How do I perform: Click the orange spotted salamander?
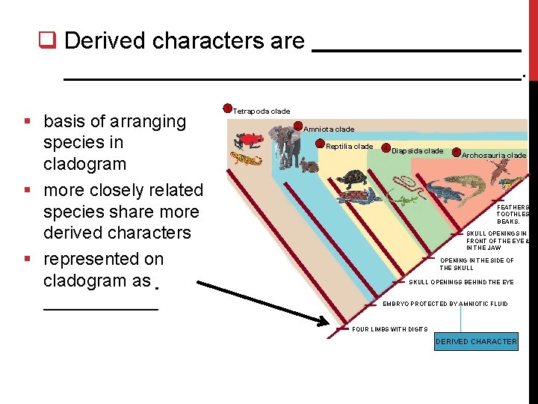coord(244,159)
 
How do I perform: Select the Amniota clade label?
coord(329,129)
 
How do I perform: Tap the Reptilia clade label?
coord(349,147)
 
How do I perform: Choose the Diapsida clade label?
coord(418,151)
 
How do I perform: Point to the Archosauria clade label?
coord(493,156)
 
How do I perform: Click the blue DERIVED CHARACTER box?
coord(476,342)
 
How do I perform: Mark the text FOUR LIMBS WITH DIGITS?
coord(389,329)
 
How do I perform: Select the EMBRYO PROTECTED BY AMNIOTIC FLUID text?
coord(445,304)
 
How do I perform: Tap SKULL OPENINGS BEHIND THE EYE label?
coord(461,282)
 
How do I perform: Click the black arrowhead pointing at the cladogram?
coord(322,321)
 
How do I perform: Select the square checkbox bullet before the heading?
coord(49,40)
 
